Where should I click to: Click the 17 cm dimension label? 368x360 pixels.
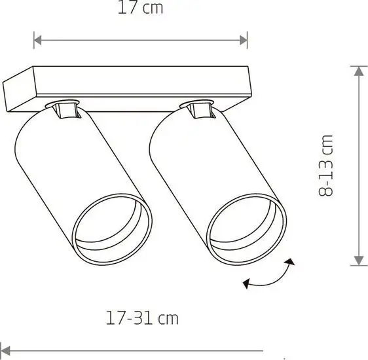point(140,7)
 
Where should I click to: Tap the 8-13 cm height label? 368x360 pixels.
point(325,166)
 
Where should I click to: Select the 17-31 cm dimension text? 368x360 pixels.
point(142,318)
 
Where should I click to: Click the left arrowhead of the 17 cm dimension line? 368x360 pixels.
point(37,40)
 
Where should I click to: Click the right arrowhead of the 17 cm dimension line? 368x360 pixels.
point(244,40)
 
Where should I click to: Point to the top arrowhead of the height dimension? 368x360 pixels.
point(359,71)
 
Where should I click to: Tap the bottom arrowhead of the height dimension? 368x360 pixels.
point(359,261)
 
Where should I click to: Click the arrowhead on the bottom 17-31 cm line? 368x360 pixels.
point(5,351)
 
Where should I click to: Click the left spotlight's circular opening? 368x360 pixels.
point(112,230)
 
